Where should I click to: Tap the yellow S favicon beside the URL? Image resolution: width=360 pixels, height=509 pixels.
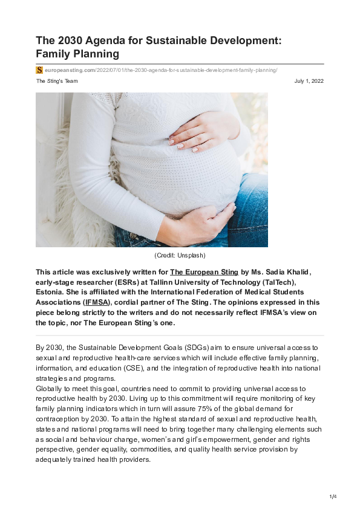(x=39, y=70)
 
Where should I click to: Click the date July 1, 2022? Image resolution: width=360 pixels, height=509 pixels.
(x=309, y=81)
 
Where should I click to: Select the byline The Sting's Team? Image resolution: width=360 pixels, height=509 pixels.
(x=57, y=81)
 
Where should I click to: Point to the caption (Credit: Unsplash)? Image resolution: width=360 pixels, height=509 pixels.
(x=180, y=256)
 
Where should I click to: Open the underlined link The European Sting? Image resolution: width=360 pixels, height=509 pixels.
(x=205, y=272)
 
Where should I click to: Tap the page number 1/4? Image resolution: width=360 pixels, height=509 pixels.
(x=333, y=497)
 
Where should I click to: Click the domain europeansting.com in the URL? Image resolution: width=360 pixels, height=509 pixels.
(x=70, y=71)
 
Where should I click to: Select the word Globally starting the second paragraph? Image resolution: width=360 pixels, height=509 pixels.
(x=51, y=389)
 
